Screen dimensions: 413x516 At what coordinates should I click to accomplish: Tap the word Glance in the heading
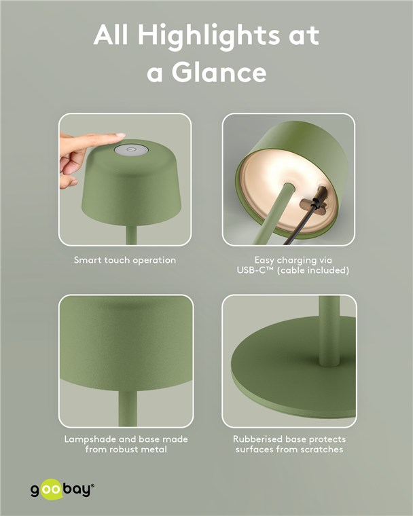[x=219, y=72]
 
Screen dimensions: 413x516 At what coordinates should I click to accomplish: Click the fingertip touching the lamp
[x=120, y=136]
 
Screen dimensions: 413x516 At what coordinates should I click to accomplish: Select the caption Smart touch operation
[x=125, y=260]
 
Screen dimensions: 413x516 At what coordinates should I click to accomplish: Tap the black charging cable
[x=302, y=223]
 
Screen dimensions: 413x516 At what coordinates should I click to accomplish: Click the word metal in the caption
[x=156, y=449]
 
